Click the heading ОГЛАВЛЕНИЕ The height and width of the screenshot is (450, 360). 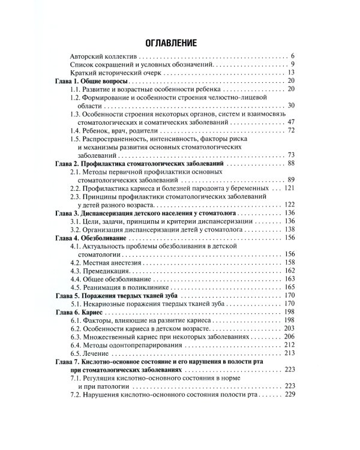coord(179,43)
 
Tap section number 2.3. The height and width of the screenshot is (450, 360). coord(76,196)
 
